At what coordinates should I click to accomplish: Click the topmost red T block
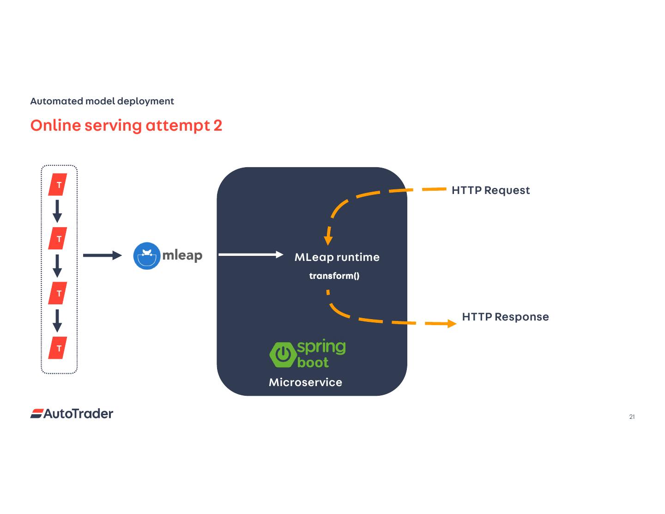click(58, 184)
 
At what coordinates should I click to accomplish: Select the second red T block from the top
click(58, 238)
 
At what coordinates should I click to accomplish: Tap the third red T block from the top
click(58, 293)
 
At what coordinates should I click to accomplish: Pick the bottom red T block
click(58, 348)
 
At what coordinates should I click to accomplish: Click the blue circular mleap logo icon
click(147, 256)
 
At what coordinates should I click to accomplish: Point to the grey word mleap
click(182, 256)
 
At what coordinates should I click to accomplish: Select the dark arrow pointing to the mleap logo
click(103, 255)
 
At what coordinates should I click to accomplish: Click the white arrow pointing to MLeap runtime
click(251, 254)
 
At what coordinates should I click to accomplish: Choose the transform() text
click(334, 276)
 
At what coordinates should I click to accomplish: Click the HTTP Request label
click(490, 190)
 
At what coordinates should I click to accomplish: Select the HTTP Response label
click(505, 317)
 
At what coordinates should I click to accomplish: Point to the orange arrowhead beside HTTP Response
click(452, 323)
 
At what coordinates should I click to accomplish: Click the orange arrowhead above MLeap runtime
click(328, 241)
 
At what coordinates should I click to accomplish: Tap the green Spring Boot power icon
click(283, 355)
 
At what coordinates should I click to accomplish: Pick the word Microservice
click(305, 382)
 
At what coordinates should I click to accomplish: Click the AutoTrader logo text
click(79, 414)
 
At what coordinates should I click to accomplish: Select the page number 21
click(632, 417)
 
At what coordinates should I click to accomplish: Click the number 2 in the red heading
click(218, 126)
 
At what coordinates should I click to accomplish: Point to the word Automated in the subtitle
click(57, 101)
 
